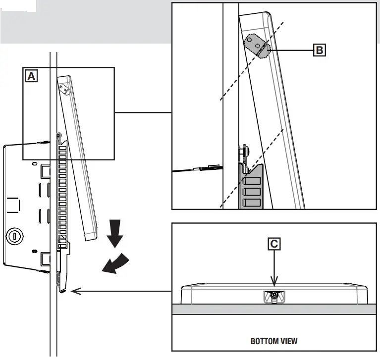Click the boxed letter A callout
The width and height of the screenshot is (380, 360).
tap(31, 76)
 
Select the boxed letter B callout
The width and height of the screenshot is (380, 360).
tap(320, 50)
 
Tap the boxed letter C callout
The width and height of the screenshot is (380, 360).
tap(274, 244)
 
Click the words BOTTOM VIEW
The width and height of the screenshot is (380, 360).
tap(274, 341)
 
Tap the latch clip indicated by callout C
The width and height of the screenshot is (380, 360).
tap(273, 296)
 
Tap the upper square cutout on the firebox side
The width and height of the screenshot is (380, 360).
tap(44, 171)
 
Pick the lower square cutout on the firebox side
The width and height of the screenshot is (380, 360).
tap(44, 258)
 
